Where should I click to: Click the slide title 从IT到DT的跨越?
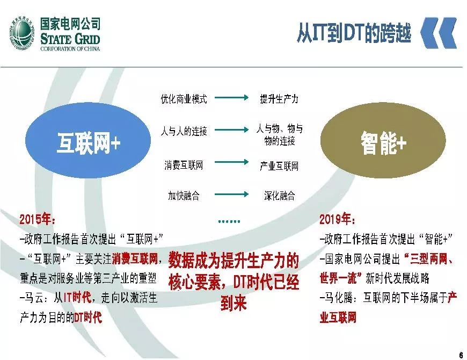tap(354, 33)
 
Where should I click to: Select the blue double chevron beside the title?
tap(437, 33)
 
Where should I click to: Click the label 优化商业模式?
tap(184, 99)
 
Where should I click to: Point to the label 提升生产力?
tap(279, 99)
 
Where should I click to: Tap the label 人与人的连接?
tap(184, 131)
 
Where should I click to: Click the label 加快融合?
tap(184, 196)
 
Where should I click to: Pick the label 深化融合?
tap(279, 196)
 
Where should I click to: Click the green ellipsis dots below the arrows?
tap(230, 221)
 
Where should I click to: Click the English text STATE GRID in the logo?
tap(70, 39)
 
